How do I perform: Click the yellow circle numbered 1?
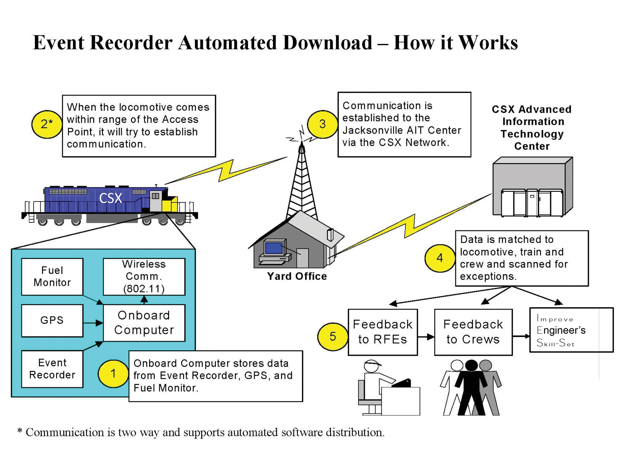113,373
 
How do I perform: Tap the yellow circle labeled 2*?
47,124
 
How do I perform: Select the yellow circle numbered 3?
322,124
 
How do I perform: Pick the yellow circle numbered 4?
440,258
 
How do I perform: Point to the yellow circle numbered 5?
333,336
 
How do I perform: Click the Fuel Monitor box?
52,276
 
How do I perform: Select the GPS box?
52,320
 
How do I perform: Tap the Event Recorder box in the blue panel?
52,369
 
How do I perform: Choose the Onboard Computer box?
144,323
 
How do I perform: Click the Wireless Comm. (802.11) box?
144,276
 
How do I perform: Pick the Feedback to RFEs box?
383,332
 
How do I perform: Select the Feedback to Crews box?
473,332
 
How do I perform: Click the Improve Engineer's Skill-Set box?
571,330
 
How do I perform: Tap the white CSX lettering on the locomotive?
110,198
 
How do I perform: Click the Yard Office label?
297,276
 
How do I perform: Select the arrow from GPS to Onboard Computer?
93,323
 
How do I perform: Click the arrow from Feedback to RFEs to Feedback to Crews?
426,337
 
